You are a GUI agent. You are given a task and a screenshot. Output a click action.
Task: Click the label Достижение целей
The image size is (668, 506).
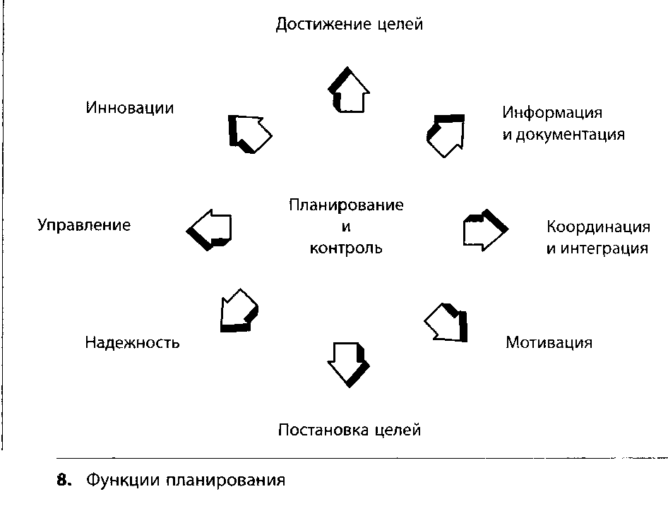pos(350,25)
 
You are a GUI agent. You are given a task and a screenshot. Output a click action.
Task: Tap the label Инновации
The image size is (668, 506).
pos(130,109)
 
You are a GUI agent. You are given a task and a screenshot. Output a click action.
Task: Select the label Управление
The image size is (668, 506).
pos(84,226)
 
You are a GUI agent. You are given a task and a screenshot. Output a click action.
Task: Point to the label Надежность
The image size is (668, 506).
pos(132,343)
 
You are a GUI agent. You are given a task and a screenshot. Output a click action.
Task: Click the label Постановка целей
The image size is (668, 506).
pos(350,430)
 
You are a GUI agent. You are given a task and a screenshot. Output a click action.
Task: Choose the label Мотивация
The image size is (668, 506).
pos(549,343)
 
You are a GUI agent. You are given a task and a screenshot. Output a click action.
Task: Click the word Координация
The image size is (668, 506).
pos(598,227)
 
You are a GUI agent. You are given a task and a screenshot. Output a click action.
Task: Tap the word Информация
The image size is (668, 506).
pos(552,113)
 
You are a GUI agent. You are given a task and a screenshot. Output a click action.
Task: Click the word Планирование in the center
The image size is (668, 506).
pos(346,205)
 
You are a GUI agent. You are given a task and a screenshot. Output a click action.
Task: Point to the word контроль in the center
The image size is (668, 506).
pos(346,248)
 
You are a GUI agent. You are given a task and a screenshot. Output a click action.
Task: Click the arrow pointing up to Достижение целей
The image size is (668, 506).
pos(349,90)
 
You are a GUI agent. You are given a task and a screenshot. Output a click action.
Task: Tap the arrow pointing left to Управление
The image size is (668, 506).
pos(210,228)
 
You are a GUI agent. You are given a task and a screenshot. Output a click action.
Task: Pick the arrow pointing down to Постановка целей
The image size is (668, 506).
pos(348,362)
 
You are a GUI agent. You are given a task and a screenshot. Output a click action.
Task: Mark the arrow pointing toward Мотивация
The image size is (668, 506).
pos(448,322)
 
